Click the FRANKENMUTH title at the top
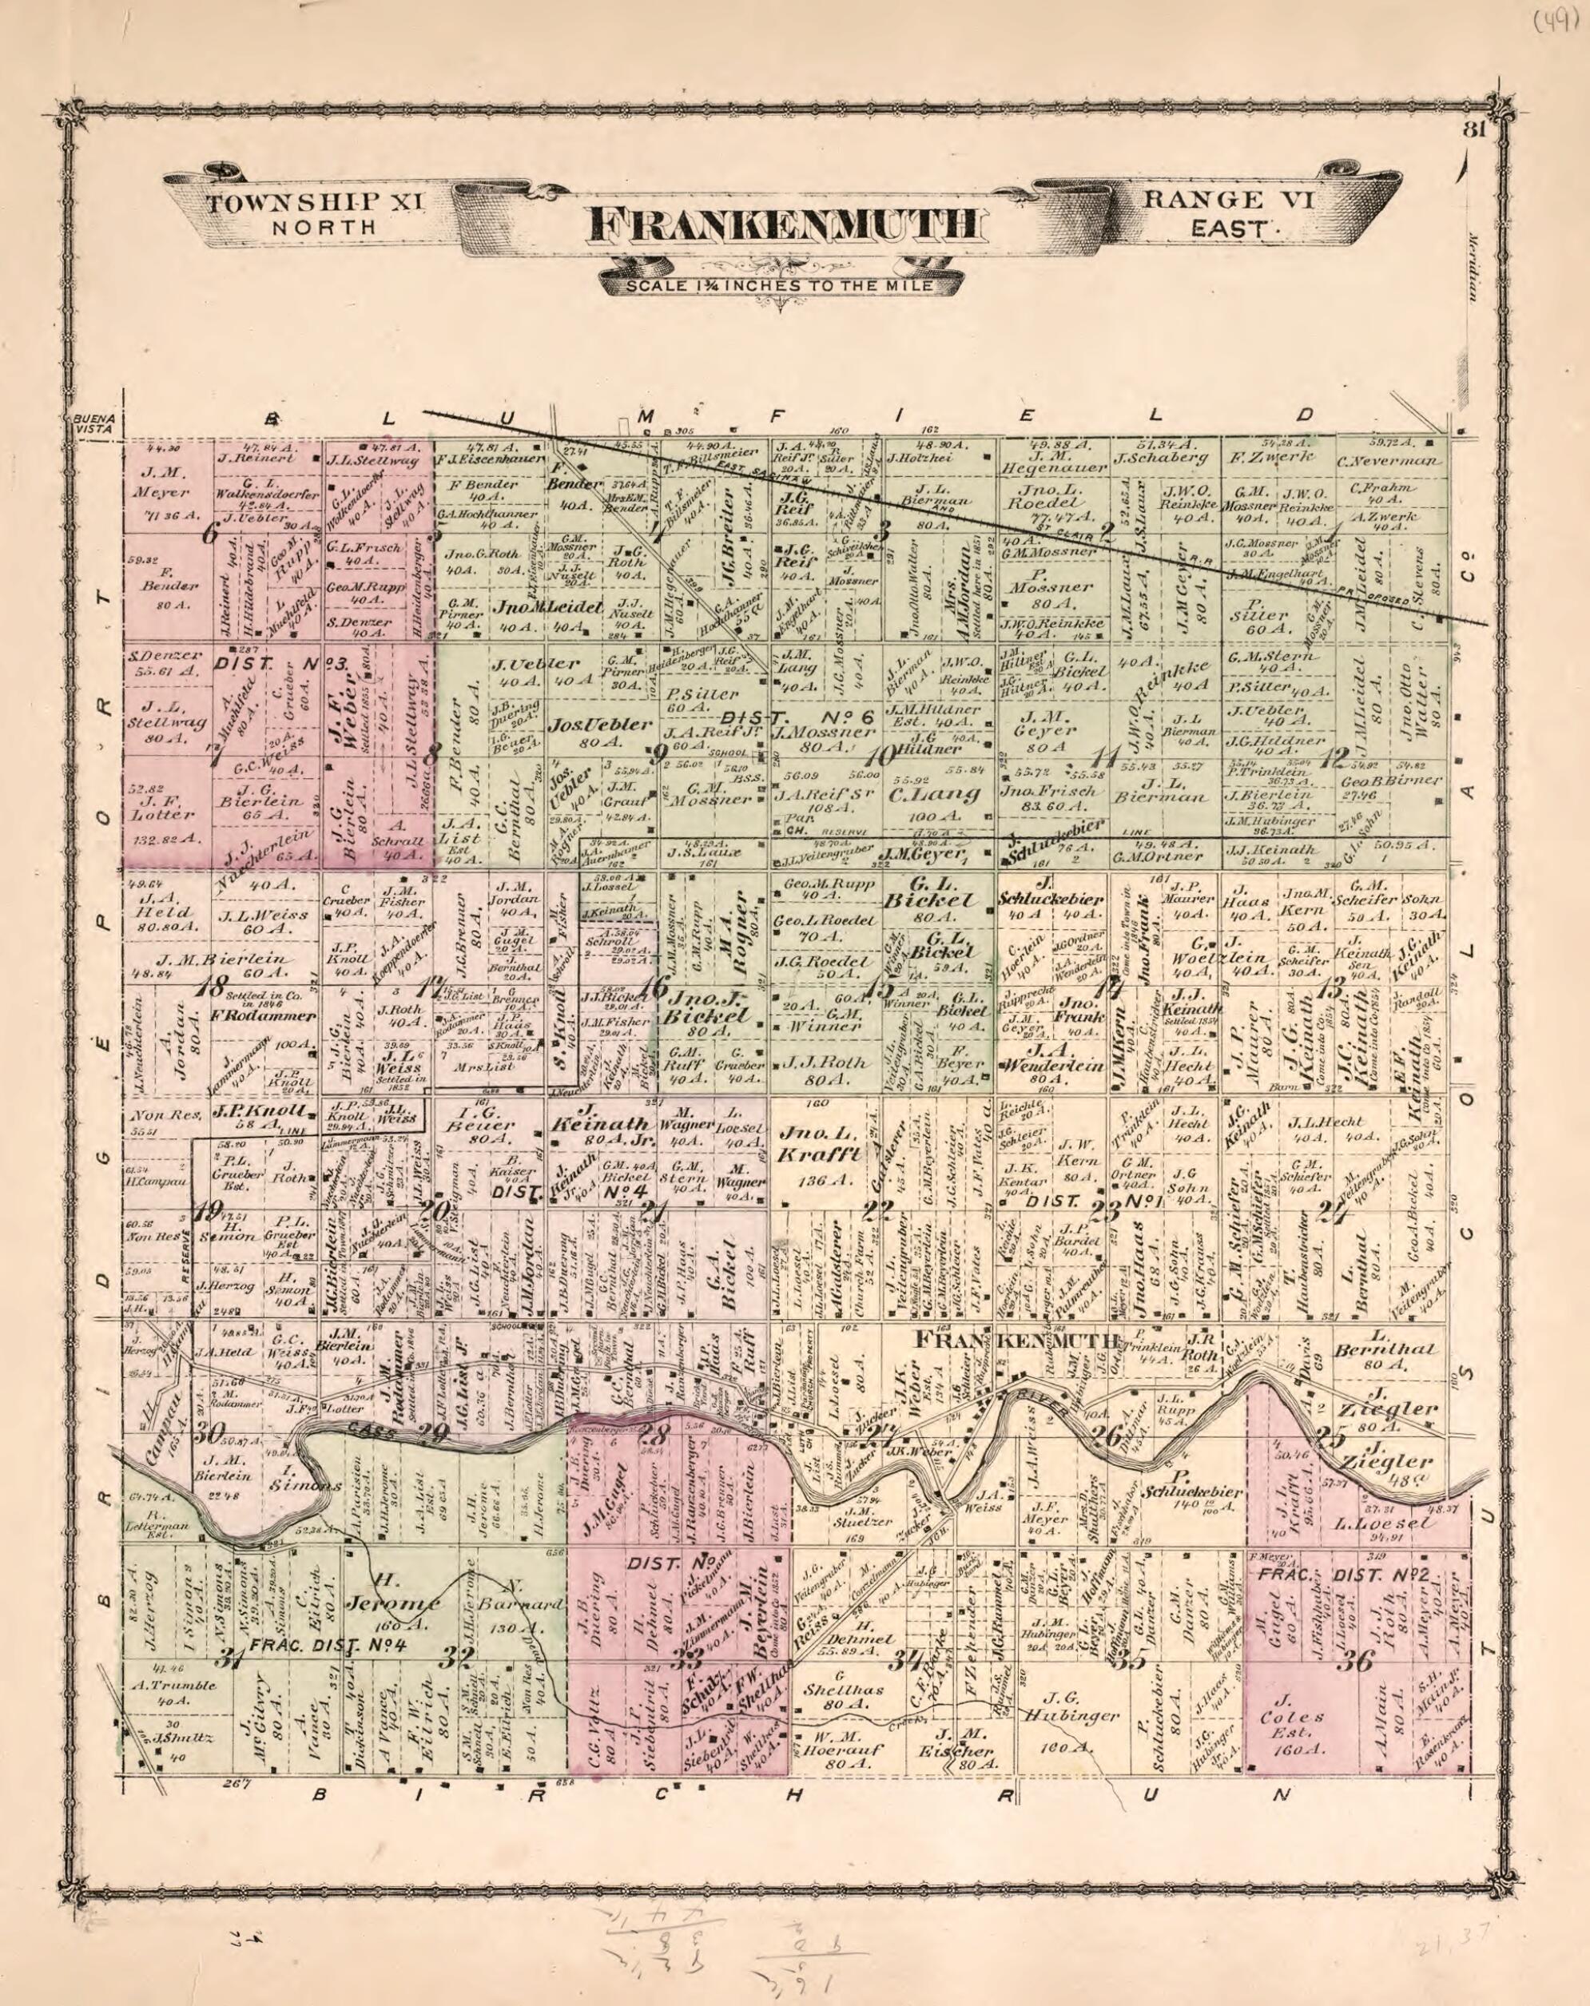[x=783, y=227]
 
